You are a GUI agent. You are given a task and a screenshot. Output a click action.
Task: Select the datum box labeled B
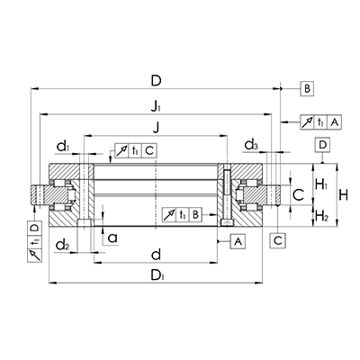(306, 88)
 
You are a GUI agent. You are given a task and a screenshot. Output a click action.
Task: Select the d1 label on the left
(62, 145)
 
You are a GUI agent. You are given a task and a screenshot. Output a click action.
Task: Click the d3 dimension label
(253, 145)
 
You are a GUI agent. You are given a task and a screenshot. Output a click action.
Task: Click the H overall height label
(343, 193)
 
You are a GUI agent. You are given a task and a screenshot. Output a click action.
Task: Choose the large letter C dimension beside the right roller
(298, 193)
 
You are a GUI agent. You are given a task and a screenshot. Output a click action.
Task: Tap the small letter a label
(112, 238)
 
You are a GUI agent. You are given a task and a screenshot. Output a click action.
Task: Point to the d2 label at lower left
(62, 244)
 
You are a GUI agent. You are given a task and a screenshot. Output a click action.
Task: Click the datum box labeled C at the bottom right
(278, 239)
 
